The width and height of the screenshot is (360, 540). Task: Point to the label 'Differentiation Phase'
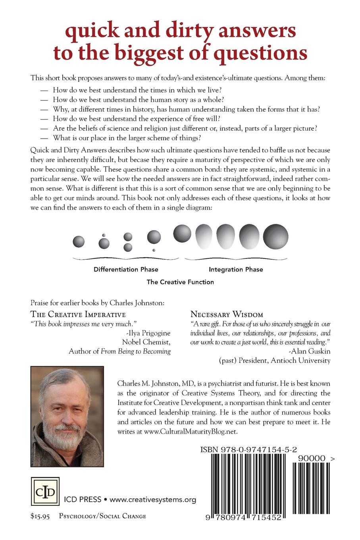coord(126,269)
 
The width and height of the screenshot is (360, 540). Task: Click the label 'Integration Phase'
coord(236,269)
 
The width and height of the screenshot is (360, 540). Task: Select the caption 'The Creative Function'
coord(180,282)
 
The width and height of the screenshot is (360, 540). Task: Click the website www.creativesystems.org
coord(153,499)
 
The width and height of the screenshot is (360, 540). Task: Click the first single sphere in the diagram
coord(79,241)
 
